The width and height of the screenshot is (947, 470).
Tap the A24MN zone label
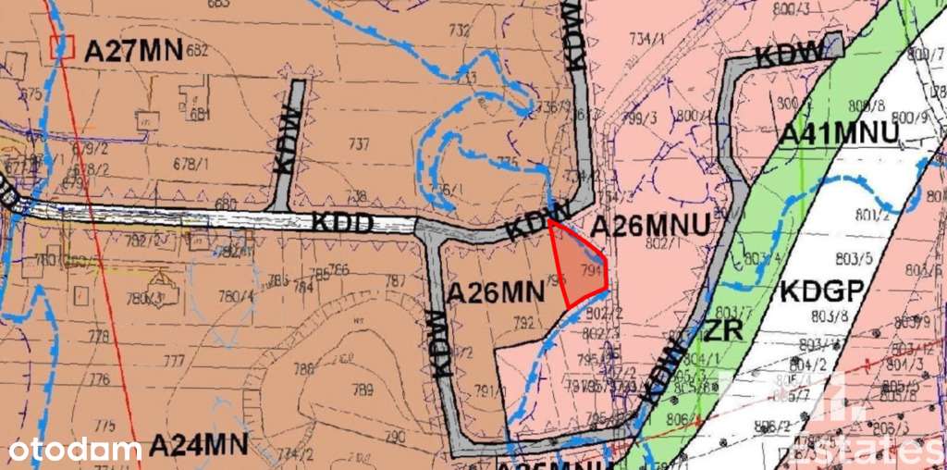(199, 445)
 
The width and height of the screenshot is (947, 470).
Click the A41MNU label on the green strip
(838, 134)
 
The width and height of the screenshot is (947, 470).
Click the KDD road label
(342, 223)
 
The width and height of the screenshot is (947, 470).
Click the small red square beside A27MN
(62, 45)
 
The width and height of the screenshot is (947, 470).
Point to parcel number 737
(359, 143)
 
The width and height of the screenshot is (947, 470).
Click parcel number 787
(395, 280)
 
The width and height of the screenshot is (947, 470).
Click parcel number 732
(459, 31)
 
